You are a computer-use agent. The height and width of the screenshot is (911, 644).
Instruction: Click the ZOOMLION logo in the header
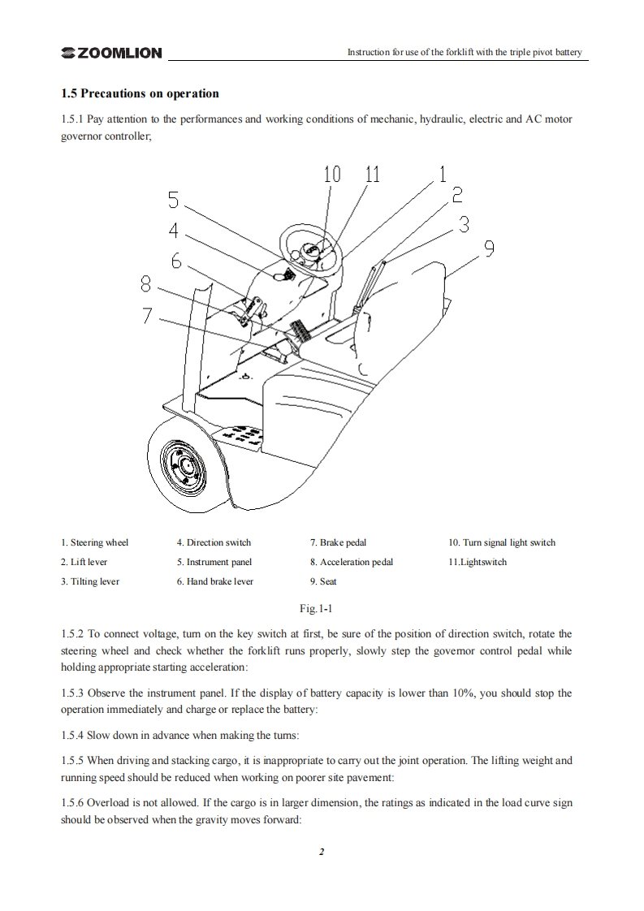[x=111, y=53]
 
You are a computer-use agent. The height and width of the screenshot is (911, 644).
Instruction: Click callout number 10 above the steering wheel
[x=332, y=174]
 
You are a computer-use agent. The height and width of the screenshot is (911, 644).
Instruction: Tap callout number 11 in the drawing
[x=372, y=174]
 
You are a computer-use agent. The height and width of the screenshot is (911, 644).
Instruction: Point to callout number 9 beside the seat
[x=489, y=249]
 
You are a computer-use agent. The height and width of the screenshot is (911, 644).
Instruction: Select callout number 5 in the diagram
[x=174, y=200]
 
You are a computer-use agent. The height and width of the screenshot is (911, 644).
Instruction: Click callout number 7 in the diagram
[x=147, y=316]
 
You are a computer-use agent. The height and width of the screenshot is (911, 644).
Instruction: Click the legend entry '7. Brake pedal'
[x=338, y=542]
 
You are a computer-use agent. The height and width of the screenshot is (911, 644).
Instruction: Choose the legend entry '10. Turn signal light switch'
[x=502, y=542]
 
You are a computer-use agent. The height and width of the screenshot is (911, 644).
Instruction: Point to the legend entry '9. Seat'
[x=322, y=581]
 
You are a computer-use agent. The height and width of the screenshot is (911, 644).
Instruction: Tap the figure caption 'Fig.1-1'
[x=322, y=607]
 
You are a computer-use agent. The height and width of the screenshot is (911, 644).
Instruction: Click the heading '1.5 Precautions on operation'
[x=140, y=93]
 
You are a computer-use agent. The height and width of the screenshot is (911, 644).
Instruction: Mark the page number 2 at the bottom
[x=322, y=852]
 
